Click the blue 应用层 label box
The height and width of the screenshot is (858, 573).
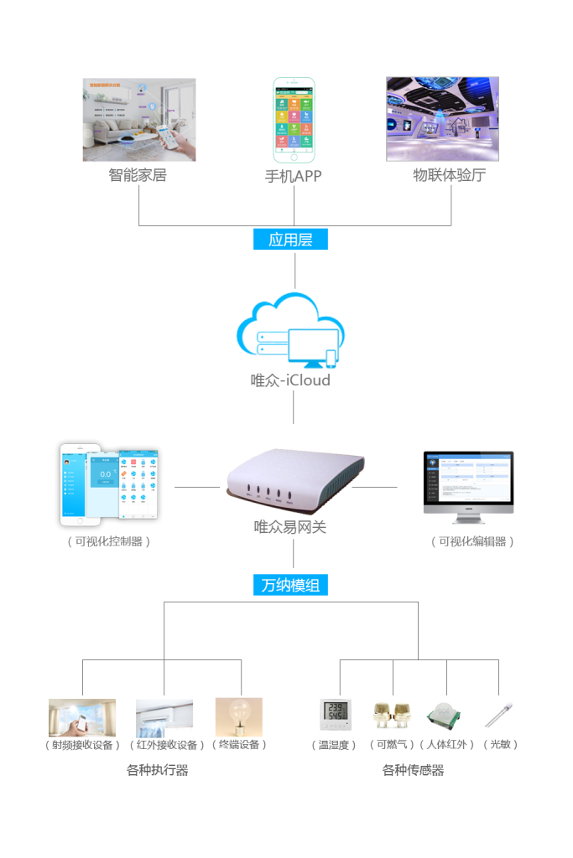pos(290,240)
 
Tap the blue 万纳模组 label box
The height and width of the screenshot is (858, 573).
pos(290,586)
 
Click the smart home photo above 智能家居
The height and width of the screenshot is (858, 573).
pos(139,120)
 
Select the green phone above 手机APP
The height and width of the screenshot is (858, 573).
pos(294,120)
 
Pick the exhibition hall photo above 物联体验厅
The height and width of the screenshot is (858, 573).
pos(442,119)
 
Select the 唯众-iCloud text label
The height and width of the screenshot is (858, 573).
pos(290,380)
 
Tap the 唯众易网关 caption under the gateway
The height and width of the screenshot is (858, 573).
pos(290,527)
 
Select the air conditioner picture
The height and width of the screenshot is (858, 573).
pos(164,717)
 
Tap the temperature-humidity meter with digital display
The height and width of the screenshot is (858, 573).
pos(335,715)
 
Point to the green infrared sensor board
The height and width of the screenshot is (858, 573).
pos(444,716)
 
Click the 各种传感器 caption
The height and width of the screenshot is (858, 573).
pos(413,770)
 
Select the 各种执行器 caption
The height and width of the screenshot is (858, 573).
pos(157,770)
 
